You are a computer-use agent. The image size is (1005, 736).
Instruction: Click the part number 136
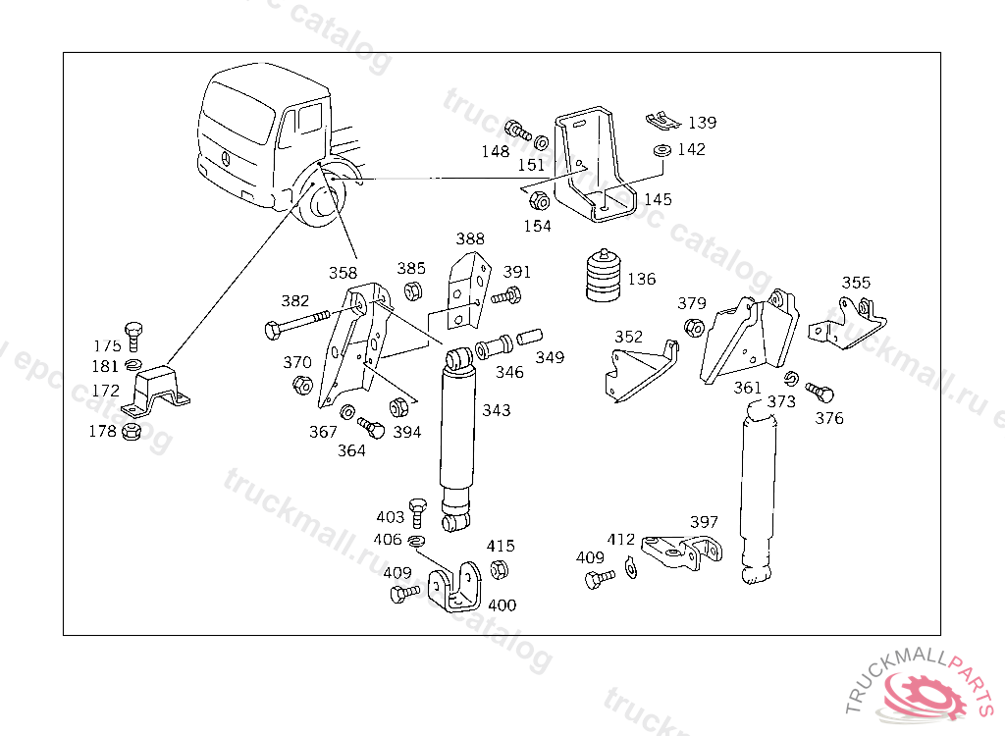click(x=642, y=280)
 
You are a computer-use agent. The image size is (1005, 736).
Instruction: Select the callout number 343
click(x=496, y=410)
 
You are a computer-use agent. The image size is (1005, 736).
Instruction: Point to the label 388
click(x=470, y=238)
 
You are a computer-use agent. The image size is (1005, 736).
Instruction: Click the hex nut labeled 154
click(x=538, y=202)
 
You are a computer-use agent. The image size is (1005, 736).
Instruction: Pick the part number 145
click(x=658, y=199)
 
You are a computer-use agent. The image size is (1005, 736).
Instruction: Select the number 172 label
click(x=106, y=391)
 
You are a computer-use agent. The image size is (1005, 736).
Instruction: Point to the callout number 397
click(x=704, y=522)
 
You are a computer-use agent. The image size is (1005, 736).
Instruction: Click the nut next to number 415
click(x=498, y=569)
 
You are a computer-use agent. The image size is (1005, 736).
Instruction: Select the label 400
click(x=502, y=605)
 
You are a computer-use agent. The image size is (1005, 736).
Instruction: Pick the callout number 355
click(x=856, y=283)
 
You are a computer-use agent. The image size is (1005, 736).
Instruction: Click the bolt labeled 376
click(x=820, y=393)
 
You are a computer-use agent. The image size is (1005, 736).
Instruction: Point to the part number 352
click(x=628, y=337)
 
